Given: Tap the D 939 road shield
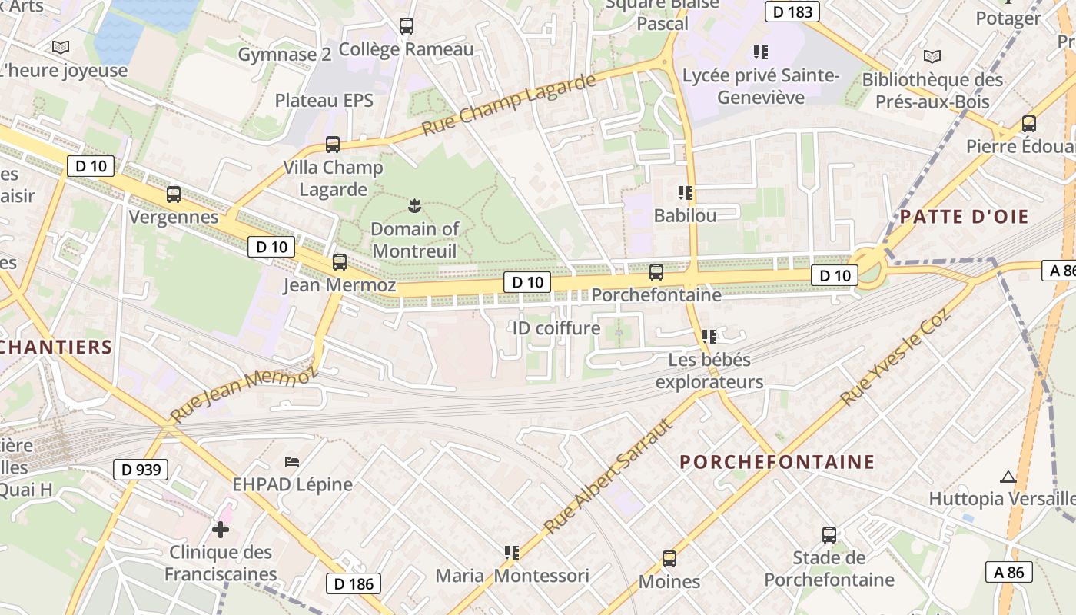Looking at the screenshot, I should [x=141, y=469].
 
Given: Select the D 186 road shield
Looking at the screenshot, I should [x=354, y=583].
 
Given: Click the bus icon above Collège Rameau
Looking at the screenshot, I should [x=407, y=26].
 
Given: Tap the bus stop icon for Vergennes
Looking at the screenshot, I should [x=174, y=194].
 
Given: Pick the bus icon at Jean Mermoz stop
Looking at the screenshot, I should [x=340, y=262].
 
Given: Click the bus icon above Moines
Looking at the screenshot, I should [x=669, y=559].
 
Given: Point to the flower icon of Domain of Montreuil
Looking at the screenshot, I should [x=415, y=205].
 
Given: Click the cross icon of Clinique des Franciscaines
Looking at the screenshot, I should [x=221, y=529].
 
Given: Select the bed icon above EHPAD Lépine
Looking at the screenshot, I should [x=292, y=461].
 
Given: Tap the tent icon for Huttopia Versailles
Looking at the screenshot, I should [x=1008, y=477].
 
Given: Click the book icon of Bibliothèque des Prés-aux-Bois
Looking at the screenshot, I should [x=932, y=56].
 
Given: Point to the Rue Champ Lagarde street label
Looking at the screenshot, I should [x=509, y=105].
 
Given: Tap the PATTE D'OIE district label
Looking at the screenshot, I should [x=964, y=217].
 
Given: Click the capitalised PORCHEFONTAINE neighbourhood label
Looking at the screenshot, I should [x=777, y=462].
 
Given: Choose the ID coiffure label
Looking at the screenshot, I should [x=556, y=328].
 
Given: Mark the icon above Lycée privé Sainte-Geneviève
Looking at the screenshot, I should [x=761, y=52].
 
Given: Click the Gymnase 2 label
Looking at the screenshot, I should [x=284, y=55].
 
